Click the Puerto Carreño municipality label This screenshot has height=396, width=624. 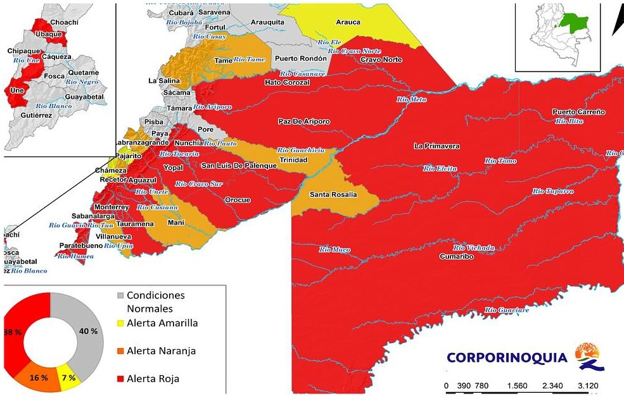click(x=578, y=112)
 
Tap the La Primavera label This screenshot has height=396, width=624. click(x=436, y=146)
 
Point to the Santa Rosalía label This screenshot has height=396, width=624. click(x=333, y=195)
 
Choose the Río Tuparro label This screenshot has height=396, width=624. click(x=552, y=191)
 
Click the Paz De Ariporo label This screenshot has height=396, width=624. click(x=304, y=121)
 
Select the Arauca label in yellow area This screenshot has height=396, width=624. click(x=348, y=22)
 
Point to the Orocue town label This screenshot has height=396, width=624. click(x=238, y=200)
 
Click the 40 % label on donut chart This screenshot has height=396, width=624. click(x=89, y=331)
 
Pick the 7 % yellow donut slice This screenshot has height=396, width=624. click(x=69, y=377)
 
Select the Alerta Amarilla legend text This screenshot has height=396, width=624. click(x=162, y=323)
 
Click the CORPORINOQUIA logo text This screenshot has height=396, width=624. click(x=507, y=357)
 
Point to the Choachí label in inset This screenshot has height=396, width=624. click(x=64, y=22)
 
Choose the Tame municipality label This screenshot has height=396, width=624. click(x=223, y=61)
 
